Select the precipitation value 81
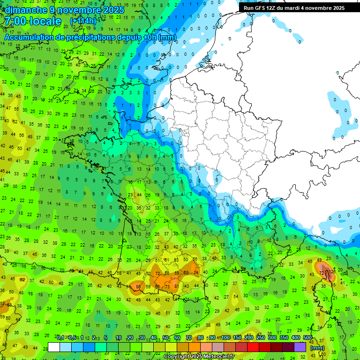point(176,286)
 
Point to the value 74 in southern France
point(196,272)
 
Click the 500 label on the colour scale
point(307,337)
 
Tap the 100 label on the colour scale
point(226,337)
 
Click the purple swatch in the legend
point(300,347)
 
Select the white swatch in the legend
point(54,347)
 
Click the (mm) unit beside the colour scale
point(317,348)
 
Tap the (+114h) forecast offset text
point(83,22)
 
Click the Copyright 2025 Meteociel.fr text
point(199,356)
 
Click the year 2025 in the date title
point(113,10)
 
